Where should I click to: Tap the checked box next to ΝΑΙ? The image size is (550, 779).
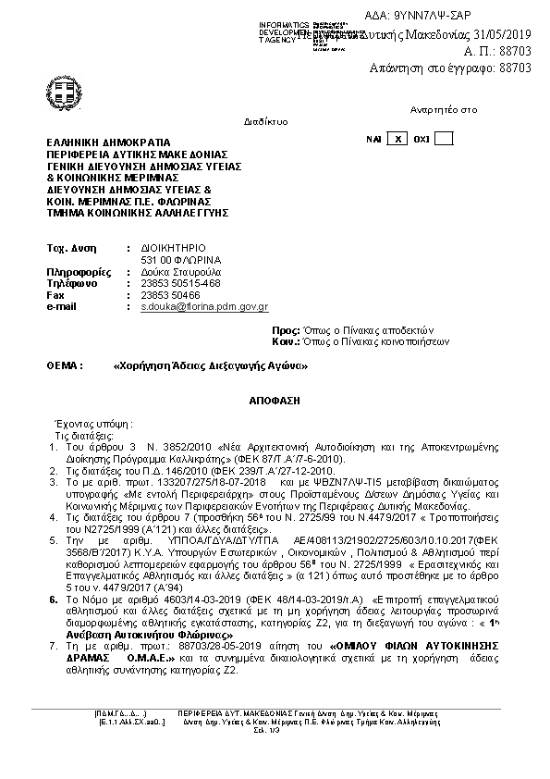pyautogui.click(x=397, y=139)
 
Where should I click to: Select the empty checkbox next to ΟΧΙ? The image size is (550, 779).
pyautogui.click(x=444, y=139)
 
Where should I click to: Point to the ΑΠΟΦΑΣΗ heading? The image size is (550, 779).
pyautogui.click(x=275, y=405)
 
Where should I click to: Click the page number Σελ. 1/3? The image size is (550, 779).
pyautogui.click(x=274, y=731)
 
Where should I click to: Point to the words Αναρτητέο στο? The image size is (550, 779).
pyautogui.click(x=445, y=109)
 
